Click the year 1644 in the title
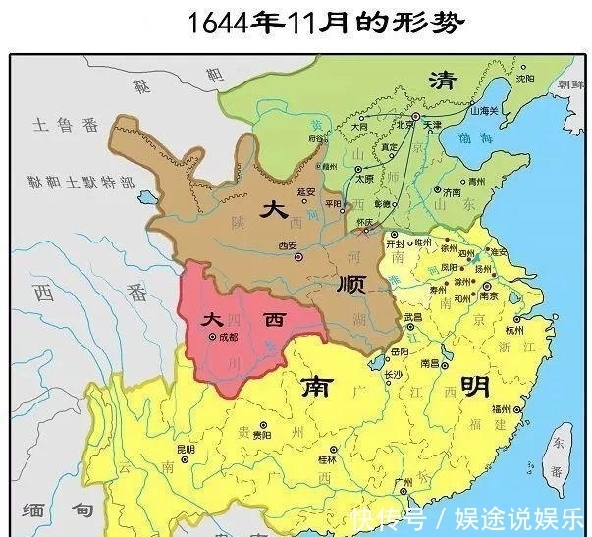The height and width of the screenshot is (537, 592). (217, 23)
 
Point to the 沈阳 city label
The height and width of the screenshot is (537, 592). (526, 79)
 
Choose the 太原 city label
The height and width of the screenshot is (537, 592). (367, 179)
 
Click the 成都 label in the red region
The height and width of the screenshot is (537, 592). (225, 338)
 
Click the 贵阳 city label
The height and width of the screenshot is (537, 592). (261, 434)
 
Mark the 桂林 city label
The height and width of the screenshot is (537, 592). (326, 457)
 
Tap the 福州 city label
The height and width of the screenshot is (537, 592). (504, 408)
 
